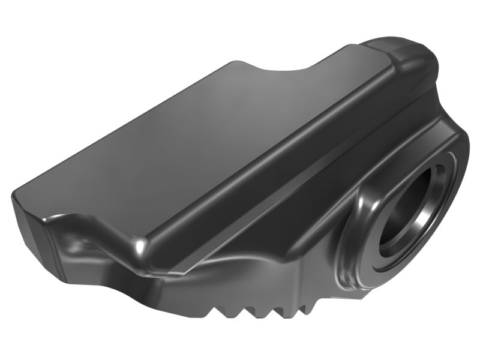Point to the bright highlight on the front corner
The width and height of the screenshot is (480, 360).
139,245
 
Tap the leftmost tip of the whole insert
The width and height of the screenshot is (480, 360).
12,195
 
